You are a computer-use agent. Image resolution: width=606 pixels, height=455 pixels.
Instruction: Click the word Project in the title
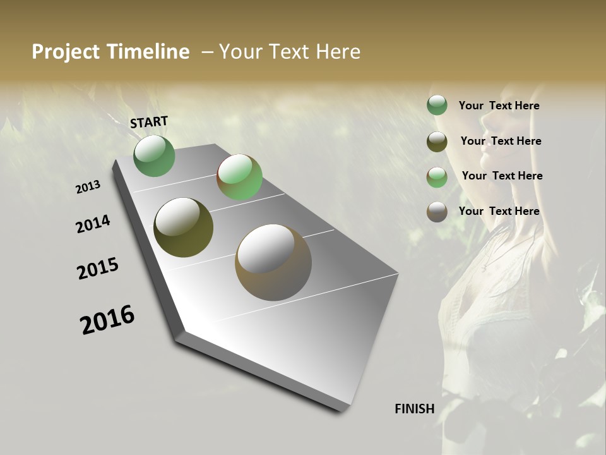tap(66, 52)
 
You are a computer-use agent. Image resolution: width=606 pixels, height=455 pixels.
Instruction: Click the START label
tap(149, 122)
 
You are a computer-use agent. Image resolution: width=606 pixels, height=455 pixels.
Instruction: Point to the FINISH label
tap(414, 409)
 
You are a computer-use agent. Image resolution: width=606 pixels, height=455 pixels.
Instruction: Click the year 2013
tap(88, 187)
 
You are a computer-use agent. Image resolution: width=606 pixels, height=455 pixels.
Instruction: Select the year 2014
tap(93, 224)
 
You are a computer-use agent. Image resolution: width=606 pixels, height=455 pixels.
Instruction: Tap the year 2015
tap(98, 269)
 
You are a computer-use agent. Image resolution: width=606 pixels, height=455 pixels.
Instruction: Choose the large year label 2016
tap(107, 320)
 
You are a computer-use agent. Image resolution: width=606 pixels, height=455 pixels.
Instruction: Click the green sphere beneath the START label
tap(154, 156)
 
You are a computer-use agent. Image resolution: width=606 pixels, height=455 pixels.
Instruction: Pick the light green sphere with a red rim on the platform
tap(239, 177)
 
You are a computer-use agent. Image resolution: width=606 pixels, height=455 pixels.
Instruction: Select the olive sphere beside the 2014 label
tap(183, 227)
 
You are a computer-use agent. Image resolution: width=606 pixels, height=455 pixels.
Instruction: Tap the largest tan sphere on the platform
tap(273, 262)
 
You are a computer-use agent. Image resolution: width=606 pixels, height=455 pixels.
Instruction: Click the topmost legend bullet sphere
tap(437, 106)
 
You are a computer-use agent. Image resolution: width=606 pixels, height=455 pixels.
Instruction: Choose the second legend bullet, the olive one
tap(437, 142)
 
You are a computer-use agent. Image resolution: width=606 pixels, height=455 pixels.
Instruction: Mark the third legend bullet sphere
tap(437, 177)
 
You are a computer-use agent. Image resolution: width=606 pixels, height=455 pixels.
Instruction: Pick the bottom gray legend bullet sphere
tap(437, 212)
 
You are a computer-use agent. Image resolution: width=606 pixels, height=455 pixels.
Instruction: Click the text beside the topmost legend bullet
tap(499, 106)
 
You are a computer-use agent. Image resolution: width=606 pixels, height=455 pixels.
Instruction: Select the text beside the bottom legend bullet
tap(499, 211)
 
